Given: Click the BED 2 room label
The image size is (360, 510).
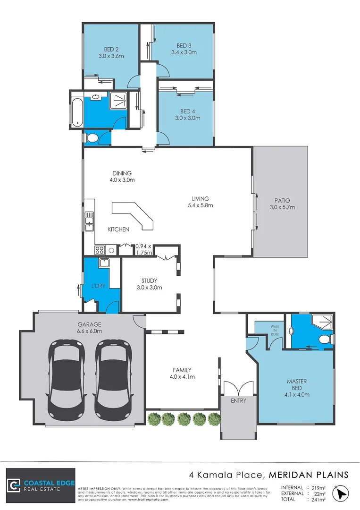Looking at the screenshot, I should [111, 49].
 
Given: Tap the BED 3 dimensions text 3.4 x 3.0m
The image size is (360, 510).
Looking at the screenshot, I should [184, 52].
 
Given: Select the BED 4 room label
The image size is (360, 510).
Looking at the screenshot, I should [187, 111].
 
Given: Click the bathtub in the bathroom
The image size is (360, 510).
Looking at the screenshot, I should [76, 110].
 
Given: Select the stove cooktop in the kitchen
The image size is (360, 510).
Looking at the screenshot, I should [100, 250].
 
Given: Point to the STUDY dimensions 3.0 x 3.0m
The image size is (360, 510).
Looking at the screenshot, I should [149, 287].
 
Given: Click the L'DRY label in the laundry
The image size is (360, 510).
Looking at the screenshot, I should [98, 287].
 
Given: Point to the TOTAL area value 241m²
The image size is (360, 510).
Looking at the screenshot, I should [317, 499].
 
